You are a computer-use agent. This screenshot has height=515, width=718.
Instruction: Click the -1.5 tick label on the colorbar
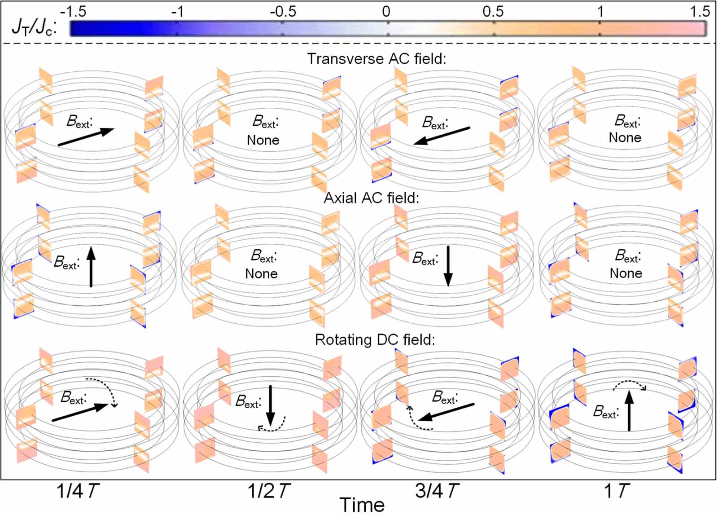tap(73, 11)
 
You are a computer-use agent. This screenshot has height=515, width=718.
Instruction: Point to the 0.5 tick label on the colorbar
tap(493, 11)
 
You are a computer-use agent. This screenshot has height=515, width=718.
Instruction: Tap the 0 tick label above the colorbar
tap(386, 11)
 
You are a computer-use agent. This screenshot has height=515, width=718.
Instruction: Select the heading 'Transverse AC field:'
tap(377, 59)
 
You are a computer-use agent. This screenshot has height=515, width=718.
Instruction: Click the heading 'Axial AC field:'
tap(372, 198)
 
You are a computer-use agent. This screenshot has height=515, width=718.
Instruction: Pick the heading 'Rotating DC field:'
tap(375, 339)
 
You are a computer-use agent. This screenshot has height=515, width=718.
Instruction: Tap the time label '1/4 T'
tap(77, 491)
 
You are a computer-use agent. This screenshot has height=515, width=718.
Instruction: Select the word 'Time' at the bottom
tap(362, 505)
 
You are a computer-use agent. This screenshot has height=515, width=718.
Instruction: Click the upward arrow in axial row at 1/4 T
tap(91, 267)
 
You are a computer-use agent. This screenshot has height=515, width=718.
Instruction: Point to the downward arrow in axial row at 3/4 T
tap(448, 266)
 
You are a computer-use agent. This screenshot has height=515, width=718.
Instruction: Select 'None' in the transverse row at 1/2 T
tap(263, 140)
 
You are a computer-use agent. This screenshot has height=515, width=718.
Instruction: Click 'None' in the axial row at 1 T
tap(626, 273)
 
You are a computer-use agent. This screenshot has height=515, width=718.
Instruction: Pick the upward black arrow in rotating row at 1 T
tap(629, 410)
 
